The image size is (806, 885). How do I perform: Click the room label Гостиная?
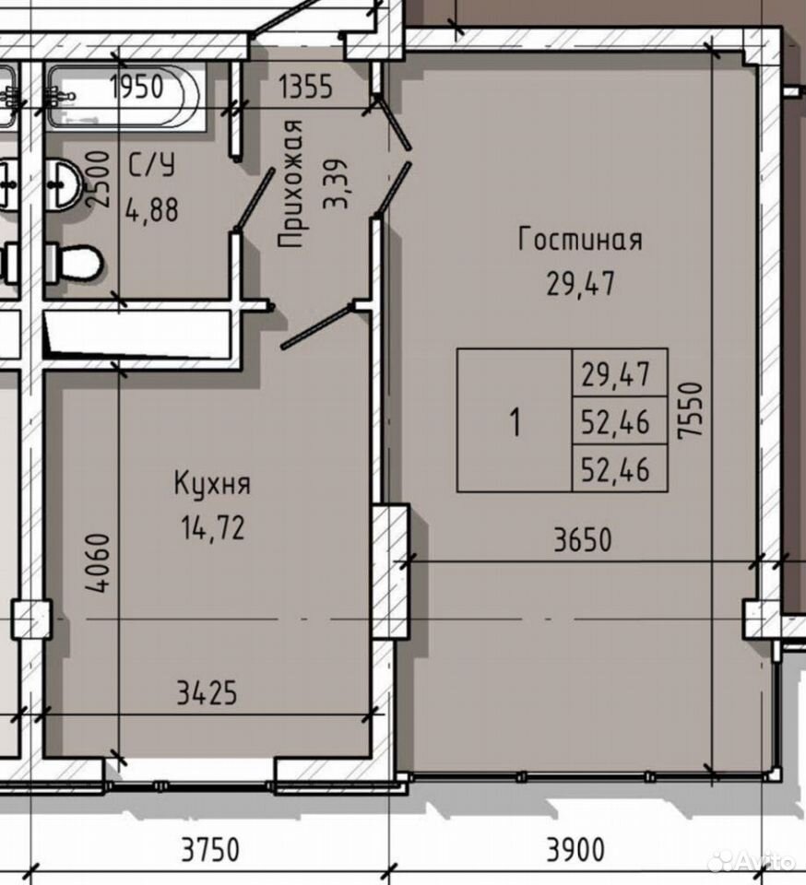580,240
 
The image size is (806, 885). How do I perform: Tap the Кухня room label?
212,485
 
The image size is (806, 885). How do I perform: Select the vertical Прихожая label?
291,184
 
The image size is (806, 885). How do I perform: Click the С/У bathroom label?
151,165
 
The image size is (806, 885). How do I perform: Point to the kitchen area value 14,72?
213,528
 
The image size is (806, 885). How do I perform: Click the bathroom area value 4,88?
152,209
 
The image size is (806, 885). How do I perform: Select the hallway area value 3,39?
336,184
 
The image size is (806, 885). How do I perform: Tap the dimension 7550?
692,409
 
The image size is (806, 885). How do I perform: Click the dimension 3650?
583,539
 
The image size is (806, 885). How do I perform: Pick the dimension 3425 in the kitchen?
207,692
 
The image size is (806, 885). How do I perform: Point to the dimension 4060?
97,562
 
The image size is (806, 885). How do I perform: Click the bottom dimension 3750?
210,849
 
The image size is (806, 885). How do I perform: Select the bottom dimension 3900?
575,849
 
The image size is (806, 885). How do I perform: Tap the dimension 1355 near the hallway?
306,87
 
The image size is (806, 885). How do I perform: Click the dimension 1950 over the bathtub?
137,87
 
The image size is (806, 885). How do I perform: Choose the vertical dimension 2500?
97,179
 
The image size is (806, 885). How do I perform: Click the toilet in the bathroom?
74,262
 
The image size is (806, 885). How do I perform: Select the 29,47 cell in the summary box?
616,374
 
